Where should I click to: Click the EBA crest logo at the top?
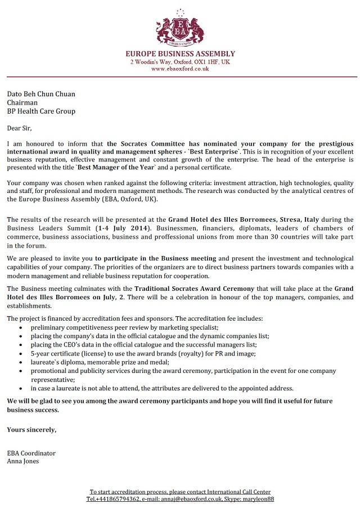tap(179, 28)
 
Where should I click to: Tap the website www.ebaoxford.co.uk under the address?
tap(179, 69)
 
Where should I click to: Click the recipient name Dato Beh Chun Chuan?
tap(40, 94)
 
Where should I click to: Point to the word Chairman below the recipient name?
tap(22, 103)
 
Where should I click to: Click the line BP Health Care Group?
tap(41, 111)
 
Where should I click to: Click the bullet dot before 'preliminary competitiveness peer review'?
tap(21, 327)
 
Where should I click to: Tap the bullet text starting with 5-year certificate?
tap(143, 353)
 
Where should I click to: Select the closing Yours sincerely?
tap(31, 430)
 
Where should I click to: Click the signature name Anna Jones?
tap(23, 461)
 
